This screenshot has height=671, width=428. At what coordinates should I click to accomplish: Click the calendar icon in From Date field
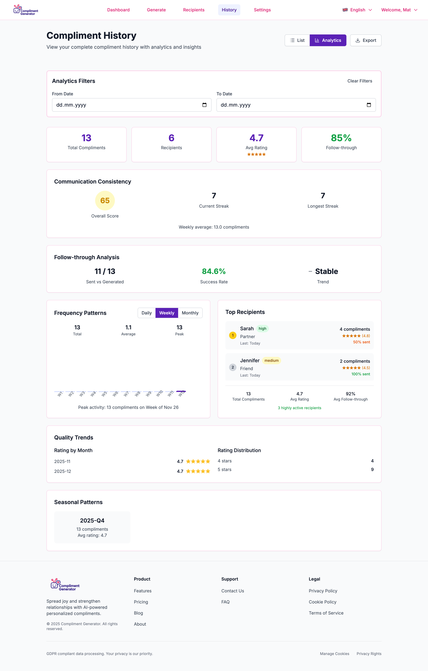click(x=204, y=105)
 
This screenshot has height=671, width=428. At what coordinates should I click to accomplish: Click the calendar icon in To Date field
click(x=369, y=105)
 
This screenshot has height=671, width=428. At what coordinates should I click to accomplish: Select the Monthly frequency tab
click(x=190, y=313)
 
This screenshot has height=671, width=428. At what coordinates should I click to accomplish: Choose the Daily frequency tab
click(x=146, y=313)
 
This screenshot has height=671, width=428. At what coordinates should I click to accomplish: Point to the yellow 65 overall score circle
click(x=105, y=201)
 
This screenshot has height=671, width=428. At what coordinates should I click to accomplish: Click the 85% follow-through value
click(x=341, y=138)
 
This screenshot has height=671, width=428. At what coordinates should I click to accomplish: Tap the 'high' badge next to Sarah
click(x=262, y=329)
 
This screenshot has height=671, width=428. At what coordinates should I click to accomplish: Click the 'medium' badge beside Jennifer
click(x=271, y=361)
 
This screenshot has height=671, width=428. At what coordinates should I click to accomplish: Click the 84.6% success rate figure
click(x=214, y=271)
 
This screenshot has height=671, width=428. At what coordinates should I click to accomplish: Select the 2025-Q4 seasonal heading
click(x=92, y=521)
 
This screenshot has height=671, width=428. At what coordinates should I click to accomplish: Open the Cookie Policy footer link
click(x=322, y=602)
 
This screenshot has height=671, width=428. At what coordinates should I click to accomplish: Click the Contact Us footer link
click(x=232, y=591)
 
